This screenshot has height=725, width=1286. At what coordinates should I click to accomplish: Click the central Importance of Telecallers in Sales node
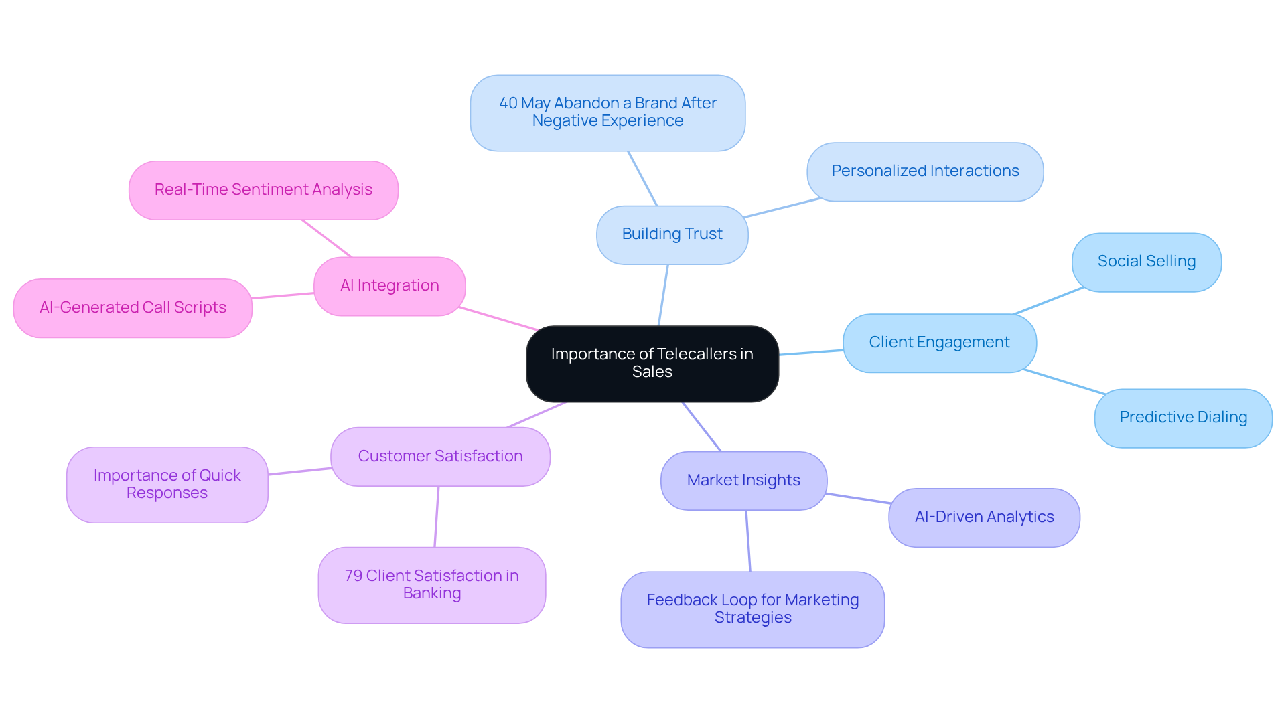click(x=652, y=364)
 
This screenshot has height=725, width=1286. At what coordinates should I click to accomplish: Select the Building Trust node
click(x=672, y=234)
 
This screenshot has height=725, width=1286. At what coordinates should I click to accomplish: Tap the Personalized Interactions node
click(x=925, y=171)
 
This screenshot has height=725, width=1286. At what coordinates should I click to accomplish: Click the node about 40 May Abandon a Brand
click(x=608, y=112)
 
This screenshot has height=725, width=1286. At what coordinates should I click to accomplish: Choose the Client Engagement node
click(x=939, y=343)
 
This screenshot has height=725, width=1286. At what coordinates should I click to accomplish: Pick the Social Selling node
click(x=1146, y=262)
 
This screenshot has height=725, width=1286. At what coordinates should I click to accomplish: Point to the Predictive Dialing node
click(x=1183, y=418)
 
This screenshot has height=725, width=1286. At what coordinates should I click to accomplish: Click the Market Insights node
click(x=743, y=481)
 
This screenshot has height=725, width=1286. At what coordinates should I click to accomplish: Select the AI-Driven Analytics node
click(x=984, y=517)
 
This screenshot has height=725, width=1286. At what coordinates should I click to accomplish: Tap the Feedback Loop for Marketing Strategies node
click(x=752, y=609)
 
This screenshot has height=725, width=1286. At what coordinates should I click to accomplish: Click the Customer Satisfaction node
click(x=440, y=457)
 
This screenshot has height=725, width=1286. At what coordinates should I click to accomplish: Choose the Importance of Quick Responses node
click(x=167, y=485)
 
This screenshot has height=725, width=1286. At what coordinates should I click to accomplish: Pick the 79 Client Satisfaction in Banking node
click(x=432, y=585)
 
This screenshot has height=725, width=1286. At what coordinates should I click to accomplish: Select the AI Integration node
click(x=389, y=286)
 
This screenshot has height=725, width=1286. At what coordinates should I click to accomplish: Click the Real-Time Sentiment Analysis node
click(x=263, y=190)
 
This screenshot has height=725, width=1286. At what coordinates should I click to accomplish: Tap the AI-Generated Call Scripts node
click(x=133, y=308)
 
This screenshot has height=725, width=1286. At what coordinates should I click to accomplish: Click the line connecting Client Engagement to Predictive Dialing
click(x=1065, y=382)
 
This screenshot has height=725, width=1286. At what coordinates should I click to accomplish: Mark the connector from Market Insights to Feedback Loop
click(x=748, y=541)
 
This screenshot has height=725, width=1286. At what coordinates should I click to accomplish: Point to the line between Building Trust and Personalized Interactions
click(x=782, y=208)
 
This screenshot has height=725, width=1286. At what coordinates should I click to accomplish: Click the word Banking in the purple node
click(x=432, y=594)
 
